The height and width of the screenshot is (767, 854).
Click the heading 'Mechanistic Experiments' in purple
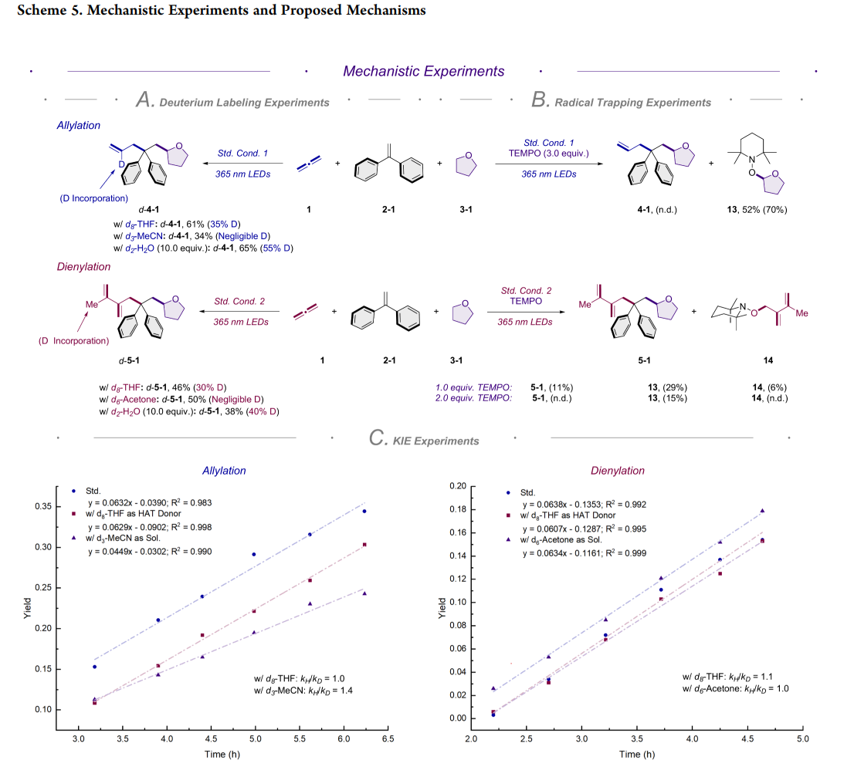coord(423,71)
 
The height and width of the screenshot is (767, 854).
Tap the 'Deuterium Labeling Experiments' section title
coord(244,102)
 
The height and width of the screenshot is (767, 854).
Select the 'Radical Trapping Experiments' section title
coord(632,102)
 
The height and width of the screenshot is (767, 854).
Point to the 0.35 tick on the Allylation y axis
coord(49,506)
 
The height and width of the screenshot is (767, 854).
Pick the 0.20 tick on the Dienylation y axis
coord(457,486)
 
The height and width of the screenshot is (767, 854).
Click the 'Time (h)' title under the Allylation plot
coord(224,754)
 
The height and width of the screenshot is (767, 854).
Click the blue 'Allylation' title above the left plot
coord(224,471)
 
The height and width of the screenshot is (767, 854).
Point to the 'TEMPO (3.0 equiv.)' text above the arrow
coord(549,154)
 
